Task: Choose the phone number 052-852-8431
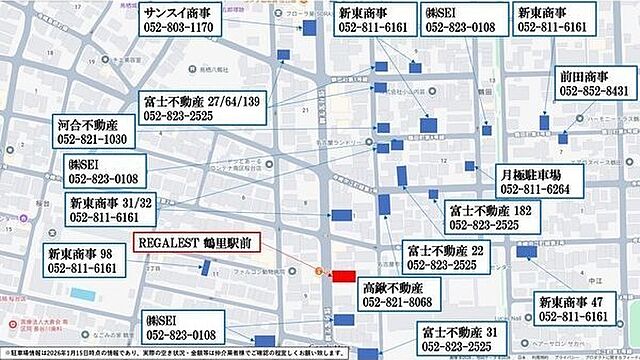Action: coord(595,91)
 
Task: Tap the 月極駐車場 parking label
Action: coord(536,173)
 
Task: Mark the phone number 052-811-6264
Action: coord(536,189)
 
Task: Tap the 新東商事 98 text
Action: coord(81,252)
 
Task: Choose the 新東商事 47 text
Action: coord(573,301)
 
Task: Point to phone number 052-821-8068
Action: coord(399,301)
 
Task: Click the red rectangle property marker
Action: coord(343,275)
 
